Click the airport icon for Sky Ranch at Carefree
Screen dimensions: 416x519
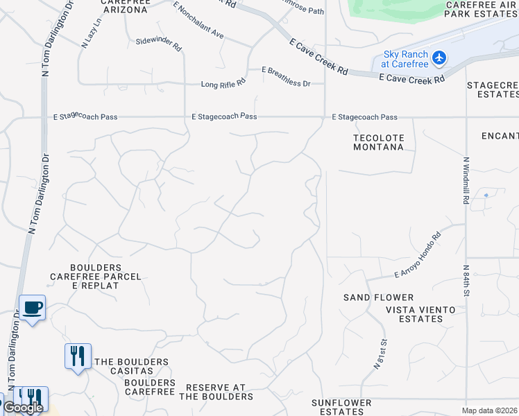tap(439, 58)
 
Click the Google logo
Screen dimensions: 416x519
tap(23, 408)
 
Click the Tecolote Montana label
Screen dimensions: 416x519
tap(378, 142)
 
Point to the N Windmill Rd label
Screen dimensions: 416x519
tap(465, 180)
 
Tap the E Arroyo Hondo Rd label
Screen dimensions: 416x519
tap(418, 254)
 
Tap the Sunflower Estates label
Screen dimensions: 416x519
tap(341, 407)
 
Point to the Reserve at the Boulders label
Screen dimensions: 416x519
tap(216, 392)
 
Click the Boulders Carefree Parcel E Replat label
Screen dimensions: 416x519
tap(96, 276)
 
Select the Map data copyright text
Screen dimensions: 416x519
tap(490, 410)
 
